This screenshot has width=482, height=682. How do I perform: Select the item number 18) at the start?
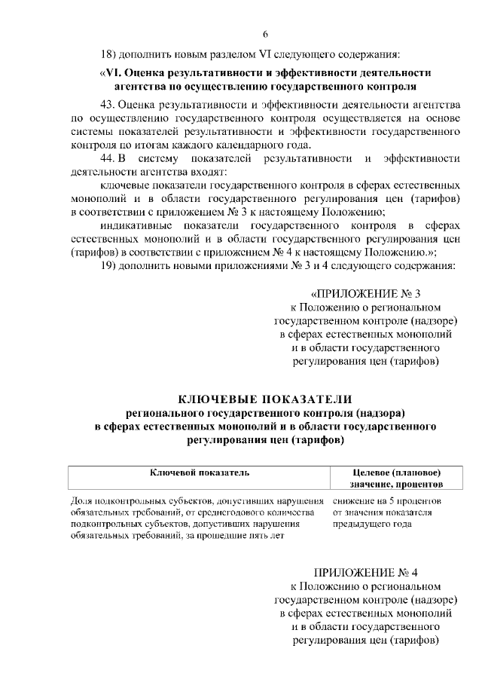(110, 54)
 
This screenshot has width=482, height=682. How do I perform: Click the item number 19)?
(110, 267)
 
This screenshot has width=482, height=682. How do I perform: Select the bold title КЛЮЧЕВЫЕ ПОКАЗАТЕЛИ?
(265, 399)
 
